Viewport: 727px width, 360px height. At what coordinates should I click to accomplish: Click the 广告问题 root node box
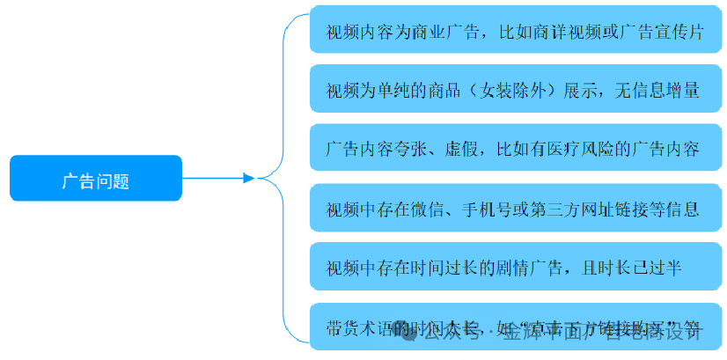[x=95, y=179]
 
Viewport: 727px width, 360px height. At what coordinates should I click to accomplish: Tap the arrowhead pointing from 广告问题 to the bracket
[x=248, y=179]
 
